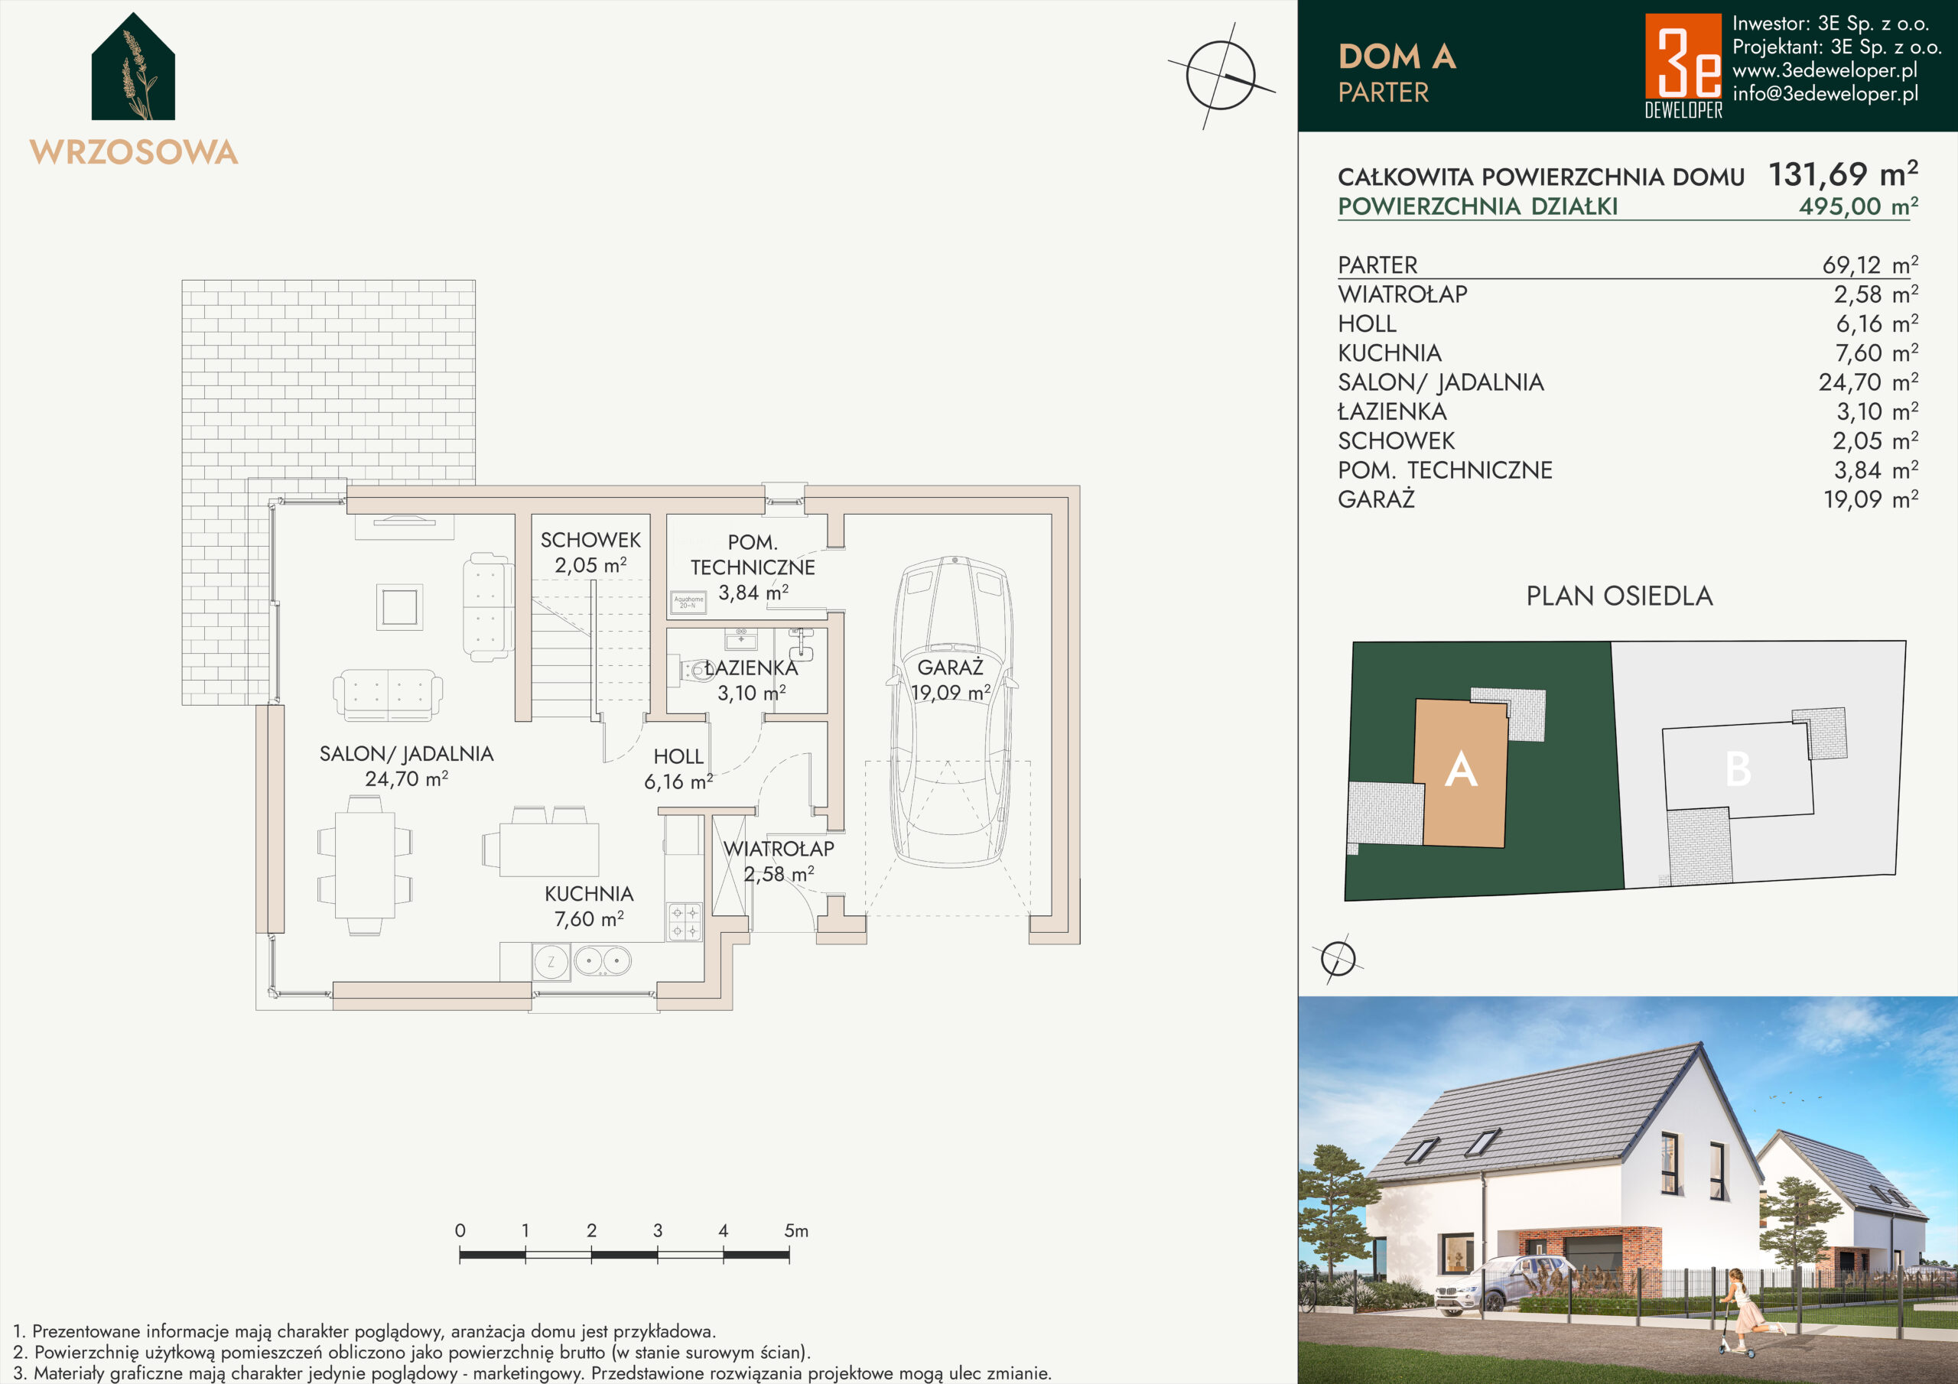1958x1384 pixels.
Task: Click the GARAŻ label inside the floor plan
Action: pos(950,667)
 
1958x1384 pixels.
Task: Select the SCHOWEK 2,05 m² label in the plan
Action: pos(590,553)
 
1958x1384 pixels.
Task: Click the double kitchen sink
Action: pos(602,962)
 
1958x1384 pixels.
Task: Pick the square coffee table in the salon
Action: pos(399,607)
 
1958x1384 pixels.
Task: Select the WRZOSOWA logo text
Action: pos(134,152)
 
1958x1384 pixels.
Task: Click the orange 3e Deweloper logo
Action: pos(1683,65)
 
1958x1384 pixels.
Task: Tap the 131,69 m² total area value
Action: pos(1843,174)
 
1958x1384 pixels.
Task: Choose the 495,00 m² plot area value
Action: pos(1859,206)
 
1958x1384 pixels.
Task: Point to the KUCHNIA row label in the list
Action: pos(1389,353)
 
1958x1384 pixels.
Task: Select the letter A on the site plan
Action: pos(1461,769)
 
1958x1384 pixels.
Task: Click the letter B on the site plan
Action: pos(1738,769)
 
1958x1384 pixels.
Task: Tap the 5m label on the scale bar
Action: pos(795,1230)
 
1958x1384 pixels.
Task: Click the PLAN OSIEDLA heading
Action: pos(1619,596)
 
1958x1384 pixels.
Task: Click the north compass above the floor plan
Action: pos(1221,76)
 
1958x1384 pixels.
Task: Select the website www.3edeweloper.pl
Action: pos(1825,70)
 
